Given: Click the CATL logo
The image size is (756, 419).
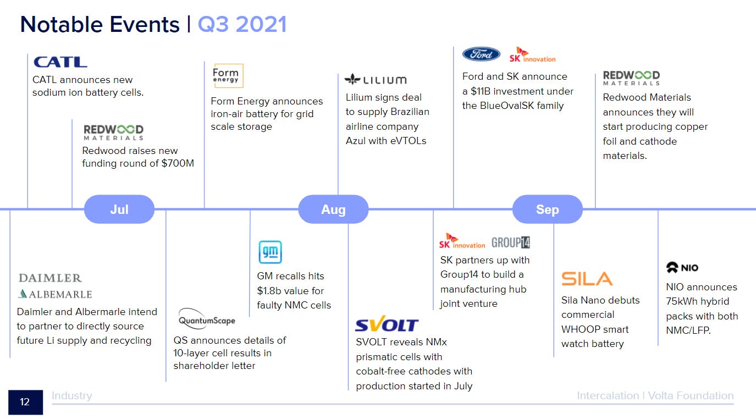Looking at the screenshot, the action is (x=60, y=62).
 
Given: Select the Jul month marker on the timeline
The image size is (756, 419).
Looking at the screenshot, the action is (x=119, y=209).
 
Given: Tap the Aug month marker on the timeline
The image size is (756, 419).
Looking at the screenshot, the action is (x=333, y=209).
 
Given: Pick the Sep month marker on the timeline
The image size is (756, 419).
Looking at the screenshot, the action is (x=547, y=209).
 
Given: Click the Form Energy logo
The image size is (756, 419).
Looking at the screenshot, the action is (x=228, y=76).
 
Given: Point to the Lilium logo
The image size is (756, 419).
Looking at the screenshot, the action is (x=376, y=80).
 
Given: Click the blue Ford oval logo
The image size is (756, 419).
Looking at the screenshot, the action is (x=481, y=54).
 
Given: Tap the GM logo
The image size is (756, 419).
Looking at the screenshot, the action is (x=270, y=252).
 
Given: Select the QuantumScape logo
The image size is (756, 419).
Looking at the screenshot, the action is (x=207, y=319).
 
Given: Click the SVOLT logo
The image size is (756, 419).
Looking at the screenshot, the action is (x=387, y=325).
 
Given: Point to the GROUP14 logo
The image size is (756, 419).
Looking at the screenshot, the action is (x=511, y=242).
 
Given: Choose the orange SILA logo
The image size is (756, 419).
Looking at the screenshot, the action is (x=587, y=279).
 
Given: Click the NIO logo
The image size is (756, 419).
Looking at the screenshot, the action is (x=682, y=268).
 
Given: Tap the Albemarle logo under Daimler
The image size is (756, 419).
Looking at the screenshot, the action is (x=55, y=294).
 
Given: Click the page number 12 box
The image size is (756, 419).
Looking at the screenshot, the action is (x=25, y=402).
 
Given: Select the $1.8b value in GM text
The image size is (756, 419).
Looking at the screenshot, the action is (x=271, y=290).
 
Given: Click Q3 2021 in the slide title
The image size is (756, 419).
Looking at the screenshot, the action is (x=242, y=25).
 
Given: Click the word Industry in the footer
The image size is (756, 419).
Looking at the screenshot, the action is (x=72, y=395).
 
